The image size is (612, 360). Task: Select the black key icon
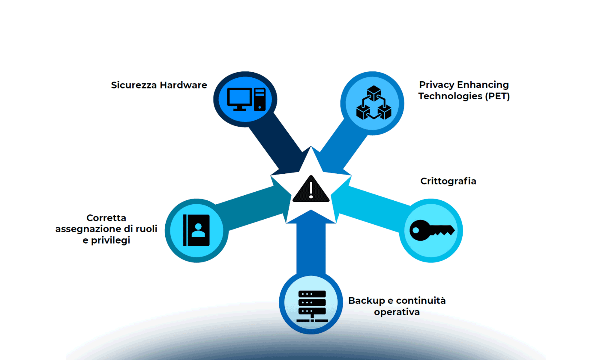[431, 230]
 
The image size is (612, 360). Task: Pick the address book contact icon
[196, 230]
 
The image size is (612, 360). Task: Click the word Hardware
[183, 85]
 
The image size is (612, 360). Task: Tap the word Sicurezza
[134, 85]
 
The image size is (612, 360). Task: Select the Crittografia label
[448, 181]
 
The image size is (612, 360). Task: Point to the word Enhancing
[483, 85]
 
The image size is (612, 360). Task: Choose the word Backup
[366, 301]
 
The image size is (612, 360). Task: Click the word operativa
[397, 312]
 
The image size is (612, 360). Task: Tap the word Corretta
[106, 218]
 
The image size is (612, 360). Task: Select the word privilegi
[110, 241]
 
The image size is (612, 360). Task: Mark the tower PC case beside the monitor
[259, 99]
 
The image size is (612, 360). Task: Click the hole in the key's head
[416, 230]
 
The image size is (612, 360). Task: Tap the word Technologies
[450, 96]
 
